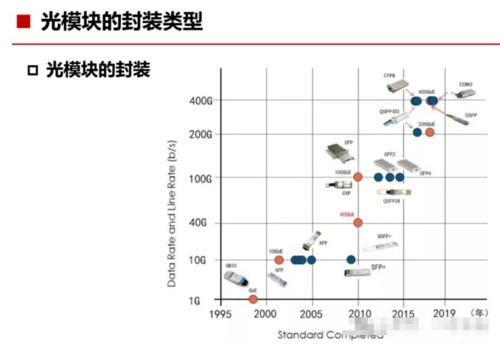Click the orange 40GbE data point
click(x=357, y=223)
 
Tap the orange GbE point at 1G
click(x=253, y=299)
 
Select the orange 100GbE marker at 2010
click(x=357, y=177)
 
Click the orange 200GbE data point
click(x=429, y=132)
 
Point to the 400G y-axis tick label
click(x=200, y=101)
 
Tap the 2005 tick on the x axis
click(x=312, y=314)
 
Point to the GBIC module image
click(x=238, y=279)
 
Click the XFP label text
click(x=323, y=243)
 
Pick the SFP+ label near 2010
click(x=378, y=267)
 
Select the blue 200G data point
click(x=417, y=132)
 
